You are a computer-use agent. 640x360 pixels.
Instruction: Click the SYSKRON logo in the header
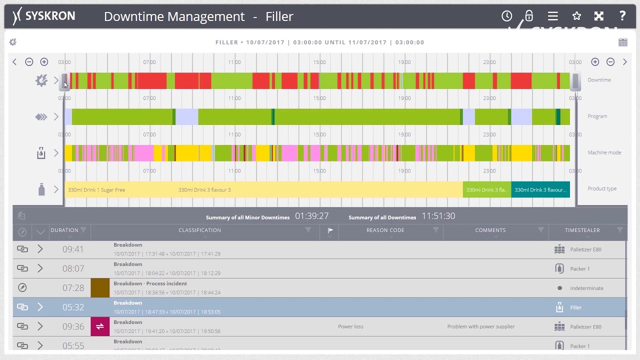point(44,16)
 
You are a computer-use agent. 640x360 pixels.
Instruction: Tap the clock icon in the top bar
point(506,16)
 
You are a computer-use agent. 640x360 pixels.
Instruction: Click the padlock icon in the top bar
point(529,16)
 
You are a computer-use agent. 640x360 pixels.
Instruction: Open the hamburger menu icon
point(552,16)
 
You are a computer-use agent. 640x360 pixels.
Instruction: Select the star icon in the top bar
point(576,16)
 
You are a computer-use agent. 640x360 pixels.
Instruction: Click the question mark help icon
point(622,16)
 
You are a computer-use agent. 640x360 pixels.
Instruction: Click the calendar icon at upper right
point(622,42)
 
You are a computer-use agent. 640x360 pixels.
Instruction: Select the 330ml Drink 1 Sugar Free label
point(96,190)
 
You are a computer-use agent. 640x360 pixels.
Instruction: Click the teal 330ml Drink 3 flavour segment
point(540,190)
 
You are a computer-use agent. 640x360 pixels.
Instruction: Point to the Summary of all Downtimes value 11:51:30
point(438,216)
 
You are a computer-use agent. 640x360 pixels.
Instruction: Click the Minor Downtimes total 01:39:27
point(311,216)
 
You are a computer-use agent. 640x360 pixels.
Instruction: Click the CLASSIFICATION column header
point(199,230)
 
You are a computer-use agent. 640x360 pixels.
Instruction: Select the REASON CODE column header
point(385,230)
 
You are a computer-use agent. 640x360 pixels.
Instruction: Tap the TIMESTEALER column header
point(582,230)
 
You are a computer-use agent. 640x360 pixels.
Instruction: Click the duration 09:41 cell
point(73,249)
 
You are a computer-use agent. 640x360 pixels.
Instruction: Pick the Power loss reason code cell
point(350,326)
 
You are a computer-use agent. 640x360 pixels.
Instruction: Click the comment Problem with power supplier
point(480,326)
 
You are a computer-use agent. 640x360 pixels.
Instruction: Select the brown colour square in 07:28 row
point(100,288)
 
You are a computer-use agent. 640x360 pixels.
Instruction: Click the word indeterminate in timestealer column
point(586,288)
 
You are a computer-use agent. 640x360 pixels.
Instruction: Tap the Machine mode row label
point(604,152)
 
